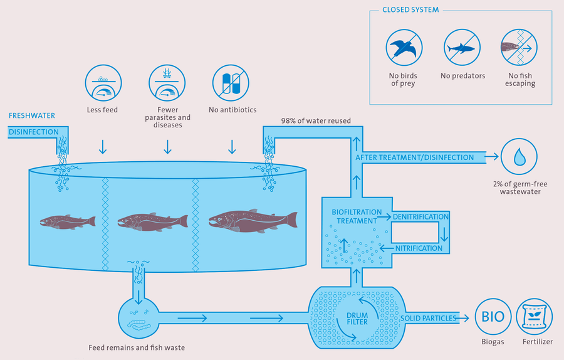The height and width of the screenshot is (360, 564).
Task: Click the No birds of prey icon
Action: tap(404, 48)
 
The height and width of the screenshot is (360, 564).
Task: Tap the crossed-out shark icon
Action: tap(462, 48)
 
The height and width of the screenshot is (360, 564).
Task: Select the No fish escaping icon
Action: tap(519, 48)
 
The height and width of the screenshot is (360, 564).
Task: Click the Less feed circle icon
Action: tap(103, 83)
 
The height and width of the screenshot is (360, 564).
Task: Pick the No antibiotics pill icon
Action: tap(231, 83)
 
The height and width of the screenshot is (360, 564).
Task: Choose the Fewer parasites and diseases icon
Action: tap(167, 83)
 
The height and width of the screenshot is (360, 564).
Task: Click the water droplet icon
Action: tap(519, 157)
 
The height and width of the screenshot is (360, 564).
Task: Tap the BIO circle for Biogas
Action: tap(493, 317)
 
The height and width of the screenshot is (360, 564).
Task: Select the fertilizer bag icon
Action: tap(535, 317)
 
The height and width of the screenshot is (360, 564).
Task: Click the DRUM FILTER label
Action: tap(357, 319)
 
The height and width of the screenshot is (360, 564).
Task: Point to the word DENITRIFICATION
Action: tap(420, 217)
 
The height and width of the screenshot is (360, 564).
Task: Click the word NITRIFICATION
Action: tap(419, 248)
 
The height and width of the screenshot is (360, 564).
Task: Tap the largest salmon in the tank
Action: tap(253, 221)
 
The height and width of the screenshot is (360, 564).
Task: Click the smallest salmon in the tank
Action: tap(68, 222)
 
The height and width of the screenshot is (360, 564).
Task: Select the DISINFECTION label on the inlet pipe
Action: tap(33, 132)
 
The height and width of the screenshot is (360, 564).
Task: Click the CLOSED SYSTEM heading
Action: tap(410, 9)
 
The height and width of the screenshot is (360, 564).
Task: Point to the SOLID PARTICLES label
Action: tap(429, 318)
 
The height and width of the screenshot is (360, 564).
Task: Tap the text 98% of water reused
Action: tap(316, 120)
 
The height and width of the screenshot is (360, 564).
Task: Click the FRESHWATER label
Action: tap(32, 115)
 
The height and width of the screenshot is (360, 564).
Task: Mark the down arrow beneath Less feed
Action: tap(103, 147)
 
